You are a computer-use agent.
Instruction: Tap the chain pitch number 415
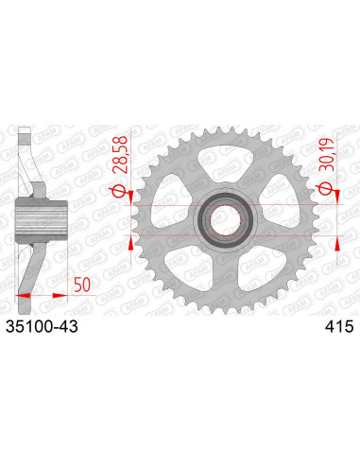[337, 325]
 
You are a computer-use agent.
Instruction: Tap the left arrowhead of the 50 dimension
[23, 295]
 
